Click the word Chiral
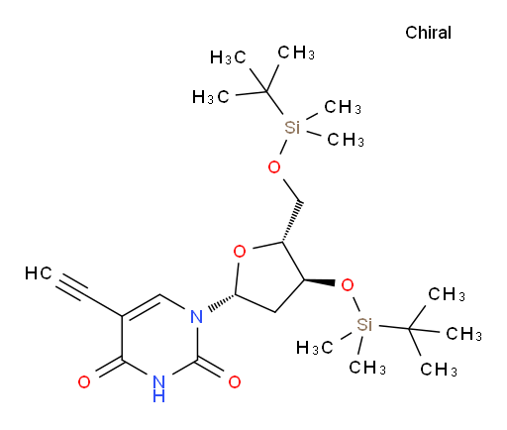pyautogui.click(x=428, y=33)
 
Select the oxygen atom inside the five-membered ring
pyautogui.click(x=240, y=252)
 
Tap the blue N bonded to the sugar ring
pyautogui.click(x=197, y=317)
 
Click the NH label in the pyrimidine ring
pyautogui.click(x=158, y=388)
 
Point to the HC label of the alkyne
pyautogui.click(x=39, y=273)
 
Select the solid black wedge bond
pyautogui.click(x=319, y=282)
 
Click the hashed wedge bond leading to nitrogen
pyautogui.click(x=222, y=303)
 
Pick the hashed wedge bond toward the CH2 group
pyautogui.click(x=292, y=221)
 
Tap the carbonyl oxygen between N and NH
pyautogui.click(x=235, y=382)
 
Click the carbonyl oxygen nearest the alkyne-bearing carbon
pyautogui.click(x=84, y=382)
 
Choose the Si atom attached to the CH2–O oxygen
pyautogui.click(x=292, y=128)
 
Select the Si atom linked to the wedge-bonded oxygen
pyautogui.click(x=364, y=324)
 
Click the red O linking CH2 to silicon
pyautogui.click(x=274, y=167)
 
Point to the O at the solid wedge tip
pyautogui.click(x=348, y=285)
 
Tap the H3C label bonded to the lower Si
pyautogui.click(x=314, y=348)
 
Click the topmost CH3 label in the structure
pyautogui.click(x=296, y=53)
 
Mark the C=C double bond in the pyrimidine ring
pyautogui.click(x=142, y=307)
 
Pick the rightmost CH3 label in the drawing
pyautogui.click(x=463, y=334)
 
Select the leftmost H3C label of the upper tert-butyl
pyautogui.click(x=210, y=97)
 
